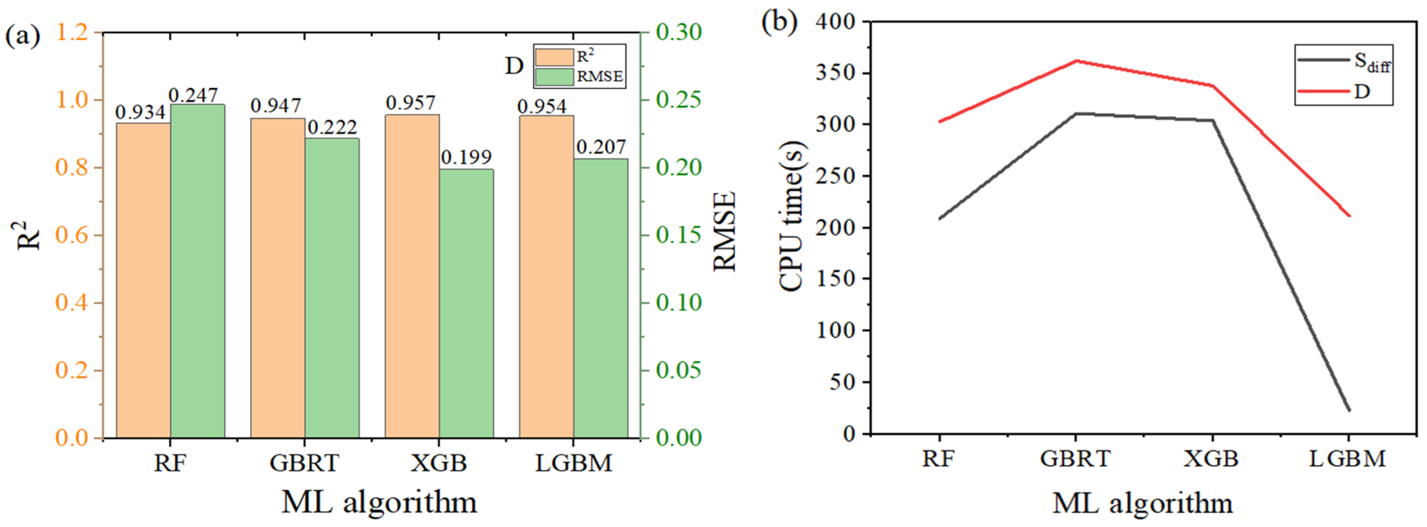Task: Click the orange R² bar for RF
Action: click(x=143, y=280)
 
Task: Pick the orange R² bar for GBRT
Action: click(x=277, y=278)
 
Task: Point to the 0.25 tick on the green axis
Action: click(x=678, y=100)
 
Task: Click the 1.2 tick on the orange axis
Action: click(x=72, y=32)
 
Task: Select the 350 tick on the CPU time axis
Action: click(x=835, y=73)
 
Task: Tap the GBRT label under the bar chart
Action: click(x=304, y=462)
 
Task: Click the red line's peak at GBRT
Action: click(x=1076, y=60)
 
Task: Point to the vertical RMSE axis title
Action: click(x=725, y=231)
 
